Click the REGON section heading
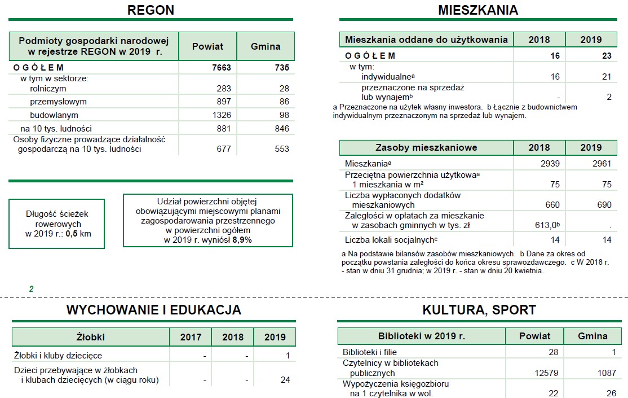pyautogui.click(x=151, y=10)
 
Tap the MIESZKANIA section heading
pyautogui.click(x=477, y=10)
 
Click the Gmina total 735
pyautogui.click(x=279, y=68)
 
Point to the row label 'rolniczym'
pyautogui.click(x=48, y=89)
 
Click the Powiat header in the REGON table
pyautogui.click(x=207, y=46)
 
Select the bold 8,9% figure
pyautogui.click(x=242, y=239)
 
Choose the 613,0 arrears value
pyautogui.click(x=543, y=225)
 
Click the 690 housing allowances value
pyautogui.click(x=604, y=205)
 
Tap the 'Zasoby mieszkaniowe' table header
pyautogui.click(x=426, y=148)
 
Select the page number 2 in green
pyautogui.click(x=32, y=289)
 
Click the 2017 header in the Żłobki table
pyautogui.click(x=191, y=338)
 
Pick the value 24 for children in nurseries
pyautogui.click(x=285, y=380)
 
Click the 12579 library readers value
pyautogui.click(x=546, y=373)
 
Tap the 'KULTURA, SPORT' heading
pyautogui.click(x=479, y=310)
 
